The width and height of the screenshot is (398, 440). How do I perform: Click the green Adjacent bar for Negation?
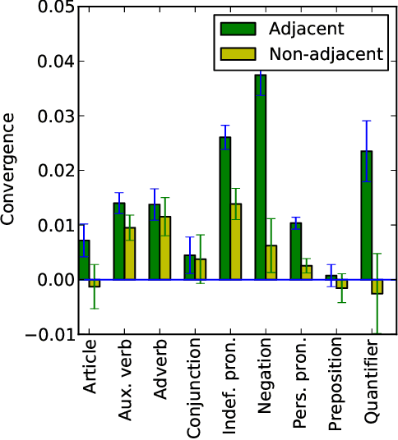[x=260, y=177]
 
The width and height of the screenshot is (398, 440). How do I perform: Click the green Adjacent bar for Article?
[x=84, y=259]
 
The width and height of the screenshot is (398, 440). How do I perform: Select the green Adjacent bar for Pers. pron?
[x=295, y=251]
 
